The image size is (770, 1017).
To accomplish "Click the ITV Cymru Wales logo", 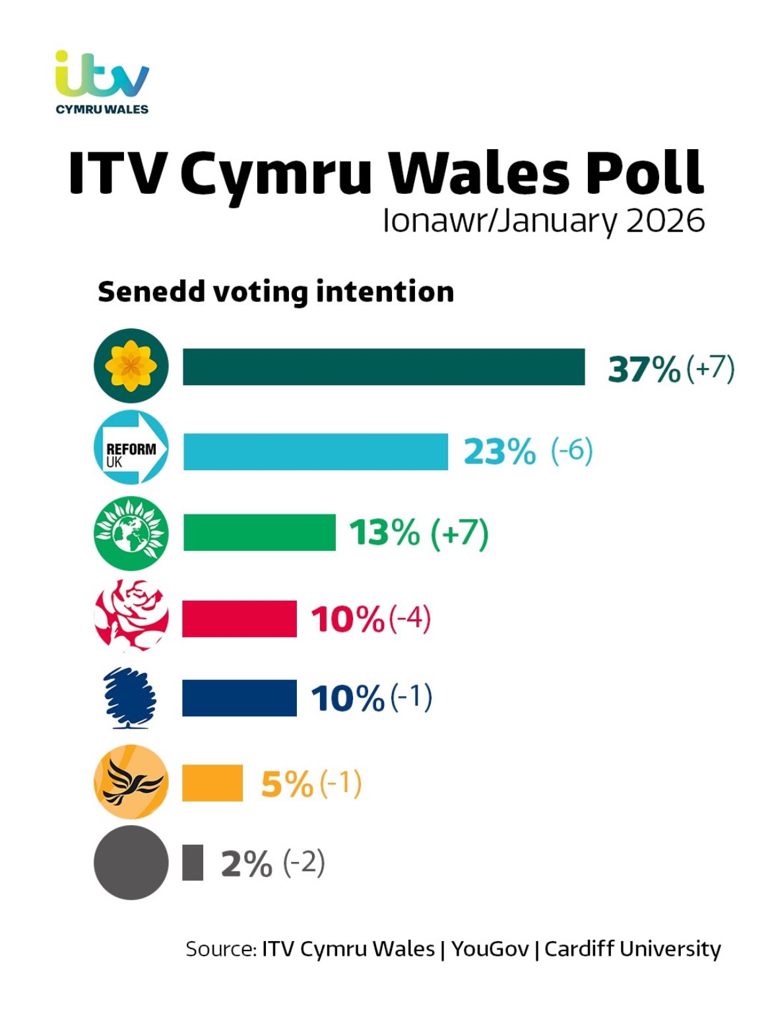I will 102,82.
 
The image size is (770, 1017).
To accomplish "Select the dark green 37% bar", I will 383,367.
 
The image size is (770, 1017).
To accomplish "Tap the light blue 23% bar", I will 315,452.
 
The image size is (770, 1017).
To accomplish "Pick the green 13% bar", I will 259,532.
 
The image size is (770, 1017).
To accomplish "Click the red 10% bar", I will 240,619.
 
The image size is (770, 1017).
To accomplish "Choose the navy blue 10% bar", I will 240,698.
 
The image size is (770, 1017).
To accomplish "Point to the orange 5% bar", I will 212,783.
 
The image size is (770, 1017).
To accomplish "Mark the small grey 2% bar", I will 193,862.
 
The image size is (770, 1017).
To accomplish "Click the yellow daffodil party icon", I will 131,366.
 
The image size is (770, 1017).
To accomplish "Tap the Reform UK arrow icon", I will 131,448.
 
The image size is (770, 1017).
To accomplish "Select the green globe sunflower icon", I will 131,533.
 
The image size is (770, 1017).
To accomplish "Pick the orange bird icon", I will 131,782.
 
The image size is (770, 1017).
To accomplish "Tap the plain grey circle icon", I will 131,863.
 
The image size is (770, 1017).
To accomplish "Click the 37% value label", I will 644,369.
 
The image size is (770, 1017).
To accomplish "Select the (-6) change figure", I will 572,451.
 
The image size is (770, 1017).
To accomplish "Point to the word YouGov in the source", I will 490,949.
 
